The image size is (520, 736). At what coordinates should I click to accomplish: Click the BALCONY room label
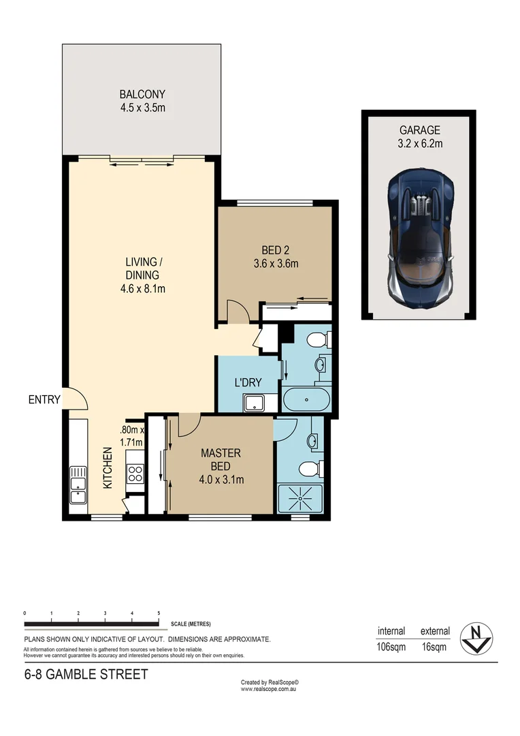pos(142,95)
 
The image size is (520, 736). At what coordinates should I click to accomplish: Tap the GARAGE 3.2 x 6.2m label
pos(420,136)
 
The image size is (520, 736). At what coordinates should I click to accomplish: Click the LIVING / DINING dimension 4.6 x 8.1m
pos(142,288)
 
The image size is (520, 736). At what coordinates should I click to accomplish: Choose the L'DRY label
pos(248,382)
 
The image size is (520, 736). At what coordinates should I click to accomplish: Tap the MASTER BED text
pos(221,459)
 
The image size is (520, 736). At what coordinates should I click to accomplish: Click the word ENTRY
pos(44,400)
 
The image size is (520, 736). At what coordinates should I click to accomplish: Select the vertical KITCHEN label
pos(108,467)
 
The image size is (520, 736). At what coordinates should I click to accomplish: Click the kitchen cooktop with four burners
pos(134,473)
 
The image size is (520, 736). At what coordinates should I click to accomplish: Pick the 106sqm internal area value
pos(391,647)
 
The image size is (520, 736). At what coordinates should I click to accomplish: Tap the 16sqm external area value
pos(434,647)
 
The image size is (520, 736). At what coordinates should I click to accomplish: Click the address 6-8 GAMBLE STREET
pos(86,675)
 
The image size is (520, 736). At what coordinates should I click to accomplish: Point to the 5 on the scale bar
pos(159,613)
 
